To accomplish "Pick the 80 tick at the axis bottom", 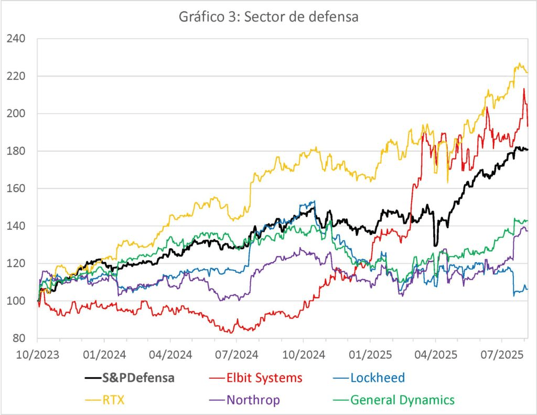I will pyautogui.click(x=19, y=338).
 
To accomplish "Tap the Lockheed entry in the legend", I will pyautogui.click(x=378, y=378).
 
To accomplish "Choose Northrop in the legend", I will pyautogui.click(x=253, y=400).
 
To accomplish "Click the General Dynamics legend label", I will pyautogui.click(x=402, y=400).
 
